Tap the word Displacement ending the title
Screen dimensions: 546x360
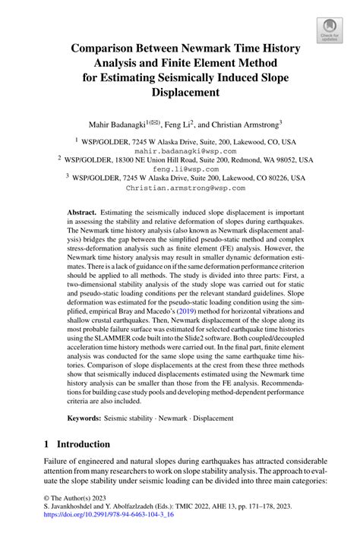tap(180, 92)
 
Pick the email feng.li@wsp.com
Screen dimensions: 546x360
tap(181, 172)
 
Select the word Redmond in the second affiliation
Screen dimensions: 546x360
tap(216, 162)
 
